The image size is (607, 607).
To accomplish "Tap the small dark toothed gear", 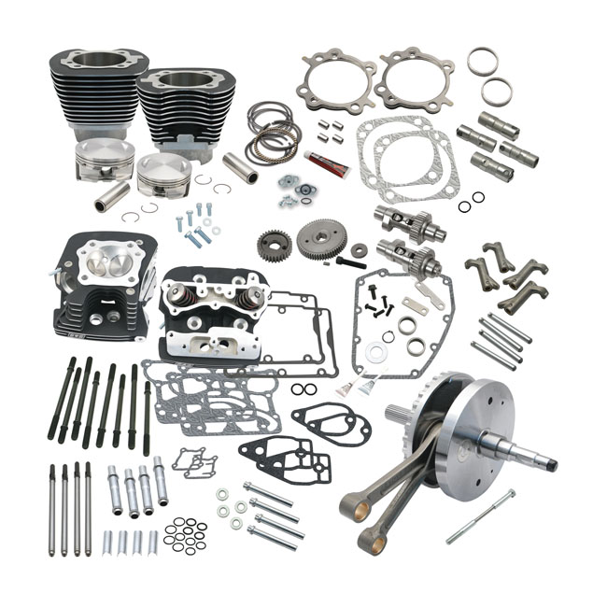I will (274, 246).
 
